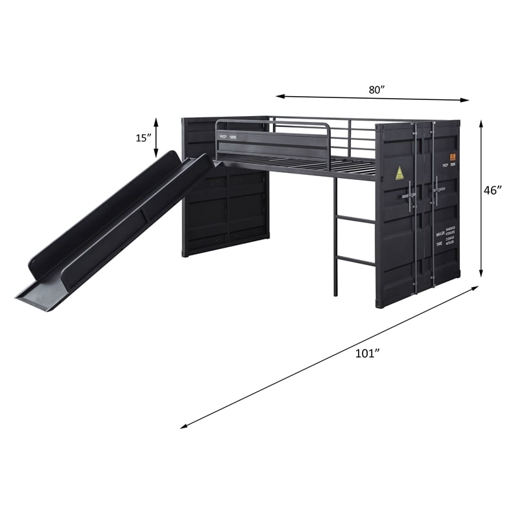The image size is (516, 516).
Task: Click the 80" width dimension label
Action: (x=377, y=90)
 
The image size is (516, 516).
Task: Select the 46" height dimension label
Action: (x=494, y=190)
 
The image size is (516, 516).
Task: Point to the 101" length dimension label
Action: (x=368, y=353)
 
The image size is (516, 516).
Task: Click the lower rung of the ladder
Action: (x=354, y=260)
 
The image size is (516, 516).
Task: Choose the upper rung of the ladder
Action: (x=355, y=220)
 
